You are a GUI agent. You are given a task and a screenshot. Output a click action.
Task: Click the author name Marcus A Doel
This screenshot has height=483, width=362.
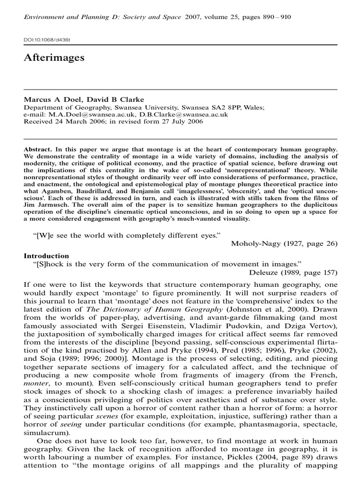[49, 99]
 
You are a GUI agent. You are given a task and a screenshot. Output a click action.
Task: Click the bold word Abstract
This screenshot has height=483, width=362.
[38, 149]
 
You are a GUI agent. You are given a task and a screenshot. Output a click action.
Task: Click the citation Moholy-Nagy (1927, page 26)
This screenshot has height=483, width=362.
[284, 243]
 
